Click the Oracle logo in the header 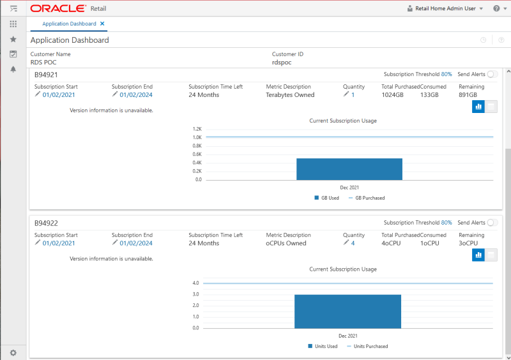click(57, 8)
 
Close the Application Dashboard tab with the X click(102, 24)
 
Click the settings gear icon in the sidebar click(13, 352)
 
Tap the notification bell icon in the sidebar click(13, 69)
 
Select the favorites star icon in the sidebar click(13, 39)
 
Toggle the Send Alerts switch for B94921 click(492, 75)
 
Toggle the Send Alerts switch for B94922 click(492, 223)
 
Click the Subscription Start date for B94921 click(59, 95)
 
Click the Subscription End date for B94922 click(136, 243)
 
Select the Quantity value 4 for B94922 click(353, 243)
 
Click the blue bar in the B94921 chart click(349, 169)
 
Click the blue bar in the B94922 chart click(347, 311)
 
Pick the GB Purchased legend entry click(369, 198)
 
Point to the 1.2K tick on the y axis click(197, 128)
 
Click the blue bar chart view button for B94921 click(478, 107)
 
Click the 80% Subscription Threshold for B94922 click(446, 223)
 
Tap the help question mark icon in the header click(496, 8)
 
